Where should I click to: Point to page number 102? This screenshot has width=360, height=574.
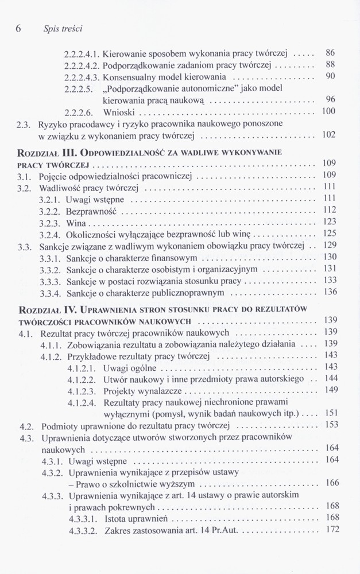click(x=328, y=135)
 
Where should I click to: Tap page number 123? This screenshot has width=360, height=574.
click(x=329, y=222)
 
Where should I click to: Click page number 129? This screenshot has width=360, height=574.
click(x=330, y=246)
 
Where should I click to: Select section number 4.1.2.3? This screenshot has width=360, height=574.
click(x=82, y=391)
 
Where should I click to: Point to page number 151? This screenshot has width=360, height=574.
click(x=331, y=413)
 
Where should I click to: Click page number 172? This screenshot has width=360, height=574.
click(x=332, y=530)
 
